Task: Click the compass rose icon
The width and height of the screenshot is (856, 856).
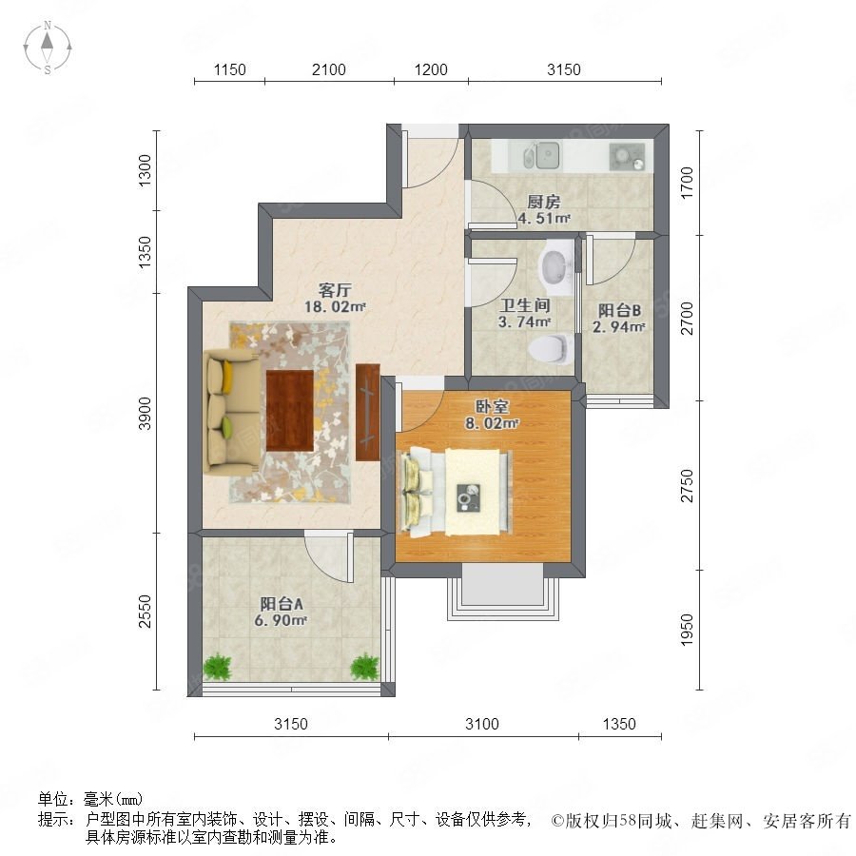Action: tap(48, 48)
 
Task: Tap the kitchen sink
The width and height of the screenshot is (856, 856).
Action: tap(541, 155)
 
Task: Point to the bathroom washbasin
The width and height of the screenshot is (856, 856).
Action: tap(555, 267)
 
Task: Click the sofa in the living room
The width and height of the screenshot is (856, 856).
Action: tap(231, 411)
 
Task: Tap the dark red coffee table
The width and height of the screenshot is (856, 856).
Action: tap(290, 411)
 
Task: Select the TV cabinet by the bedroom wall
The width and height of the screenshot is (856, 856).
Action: tap(367, 412)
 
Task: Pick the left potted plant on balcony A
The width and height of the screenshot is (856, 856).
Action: tap(218, 667)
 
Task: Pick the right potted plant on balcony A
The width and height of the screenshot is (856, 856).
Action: tap(364, 667)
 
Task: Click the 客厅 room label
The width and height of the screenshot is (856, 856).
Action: tap(335, 289)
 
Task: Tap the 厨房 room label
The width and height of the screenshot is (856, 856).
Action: tap(544, 202)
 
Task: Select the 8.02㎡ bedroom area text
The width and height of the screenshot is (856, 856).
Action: tap(492, 423)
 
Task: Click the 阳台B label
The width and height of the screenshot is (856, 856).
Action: tap(619, 310)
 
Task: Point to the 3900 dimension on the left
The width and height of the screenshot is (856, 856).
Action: tap(145, 414)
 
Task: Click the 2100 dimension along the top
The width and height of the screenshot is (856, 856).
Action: tap(329, 69)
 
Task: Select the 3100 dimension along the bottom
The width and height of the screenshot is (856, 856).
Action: tap(482, 724)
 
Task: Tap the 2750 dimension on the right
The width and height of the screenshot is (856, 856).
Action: tap(687, 485)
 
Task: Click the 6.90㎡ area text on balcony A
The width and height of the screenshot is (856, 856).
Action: tap(281, 621)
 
